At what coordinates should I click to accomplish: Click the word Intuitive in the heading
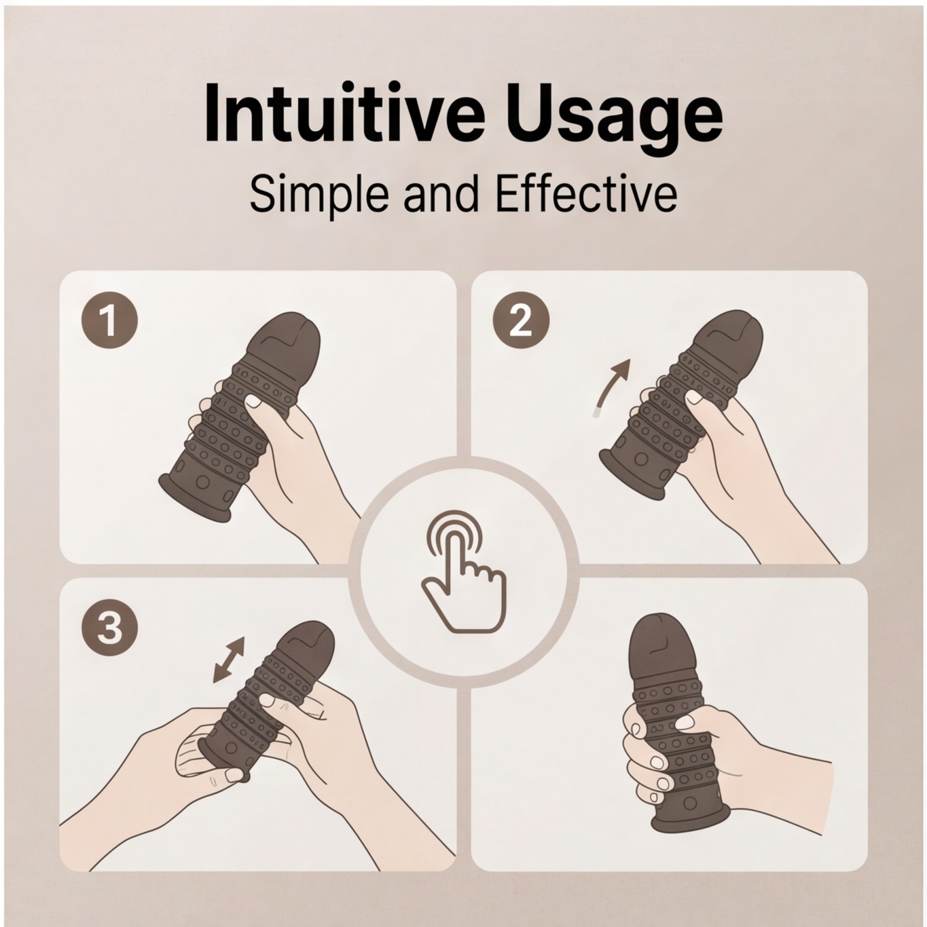click(x=344, y=114)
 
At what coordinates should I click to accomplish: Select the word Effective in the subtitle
click(x=586, y=194)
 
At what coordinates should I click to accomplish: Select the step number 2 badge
click(x=521, y=320)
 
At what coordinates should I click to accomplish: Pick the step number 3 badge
click(x=110, y=628)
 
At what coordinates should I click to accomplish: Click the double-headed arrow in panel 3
click(x=229, y=660)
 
